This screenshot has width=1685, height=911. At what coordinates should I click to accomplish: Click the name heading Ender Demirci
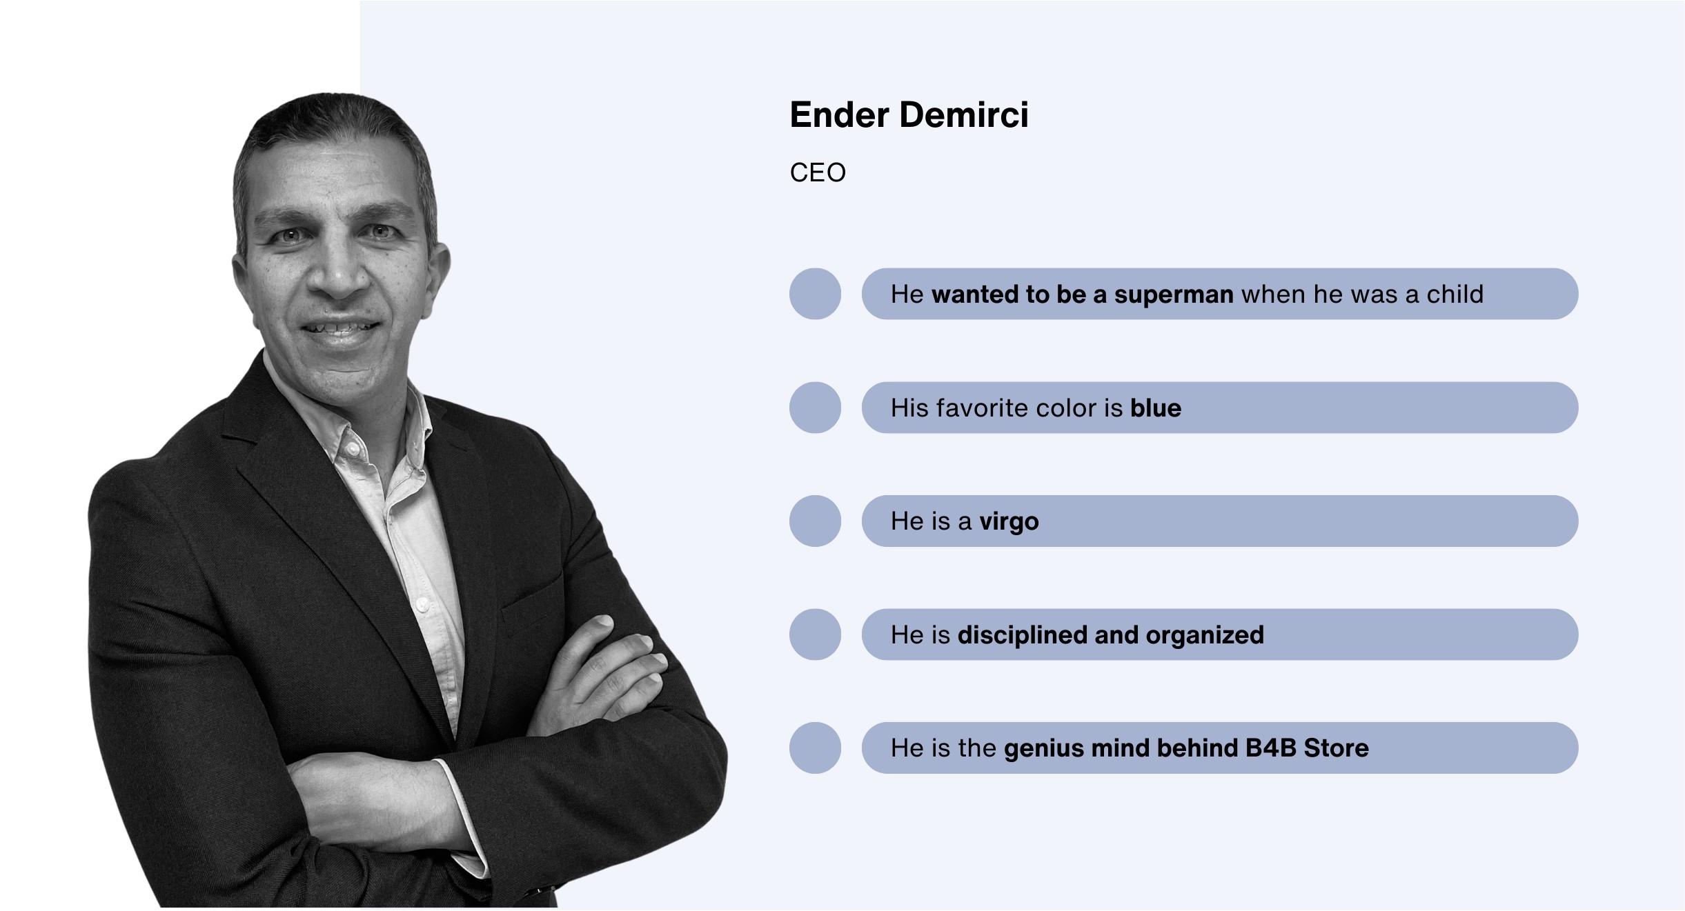(x=909, y=114)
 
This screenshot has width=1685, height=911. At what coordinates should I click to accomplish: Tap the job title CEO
(x=818, y=172)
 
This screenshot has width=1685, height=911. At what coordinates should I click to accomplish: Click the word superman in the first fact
(x=1174, y=294)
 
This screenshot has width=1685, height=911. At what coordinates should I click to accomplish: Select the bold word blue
(x=1156, y=408)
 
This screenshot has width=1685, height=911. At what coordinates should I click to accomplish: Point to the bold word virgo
(x=1009, y=521)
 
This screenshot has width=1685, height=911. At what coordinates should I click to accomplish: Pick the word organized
(x=1205, y=635)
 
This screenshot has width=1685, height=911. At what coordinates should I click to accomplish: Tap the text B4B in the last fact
(x=1271, y=748)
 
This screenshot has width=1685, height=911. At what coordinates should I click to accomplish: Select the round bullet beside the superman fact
(x=815, y=294)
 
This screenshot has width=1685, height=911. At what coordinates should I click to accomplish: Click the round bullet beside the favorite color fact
(x=815, y=408)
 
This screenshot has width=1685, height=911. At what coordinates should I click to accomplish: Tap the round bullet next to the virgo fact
(x=815, y=521)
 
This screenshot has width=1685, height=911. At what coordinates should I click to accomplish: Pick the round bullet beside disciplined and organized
(x=815, y=634)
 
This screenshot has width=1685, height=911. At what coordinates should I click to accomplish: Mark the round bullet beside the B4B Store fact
(x=815, y=748)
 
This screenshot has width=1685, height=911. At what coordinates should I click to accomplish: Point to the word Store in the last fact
(x=1337, y=748)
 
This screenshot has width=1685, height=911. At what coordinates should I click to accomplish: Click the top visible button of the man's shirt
(x=353, y=449)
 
